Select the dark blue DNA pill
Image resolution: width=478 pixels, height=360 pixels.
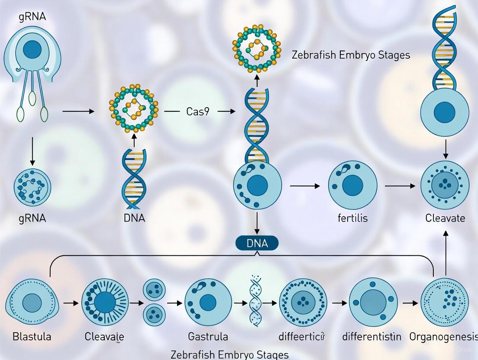(257, 243)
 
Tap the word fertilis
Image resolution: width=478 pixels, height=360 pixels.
(352, 218)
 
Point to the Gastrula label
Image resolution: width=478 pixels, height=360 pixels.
(208, 336)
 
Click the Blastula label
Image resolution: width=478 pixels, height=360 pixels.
(32, 336)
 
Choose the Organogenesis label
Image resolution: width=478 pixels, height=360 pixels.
(443, 336)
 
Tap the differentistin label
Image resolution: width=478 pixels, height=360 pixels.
(371, 336)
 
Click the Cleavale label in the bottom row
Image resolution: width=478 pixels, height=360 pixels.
(104, 336)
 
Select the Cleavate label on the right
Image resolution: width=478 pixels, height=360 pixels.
(445, 218)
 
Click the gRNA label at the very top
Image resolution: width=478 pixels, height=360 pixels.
(32, 18)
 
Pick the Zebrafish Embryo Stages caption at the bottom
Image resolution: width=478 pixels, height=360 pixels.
(229, 355)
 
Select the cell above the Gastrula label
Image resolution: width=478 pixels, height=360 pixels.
(208, 302)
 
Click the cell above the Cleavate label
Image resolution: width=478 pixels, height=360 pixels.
(445, 186)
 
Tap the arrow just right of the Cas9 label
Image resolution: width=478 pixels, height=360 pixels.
(226, 111)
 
